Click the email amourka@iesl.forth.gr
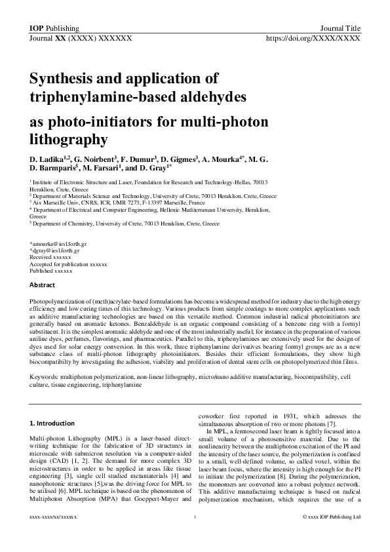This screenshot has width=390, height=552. pos(60,244)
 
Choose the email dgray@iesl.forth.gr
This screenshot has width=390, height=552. pos(56,250)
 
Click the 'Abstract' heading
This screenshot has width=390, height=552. pos(43,285)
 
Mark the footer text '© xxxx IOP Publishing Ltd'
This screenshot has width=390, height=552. pos(331,536)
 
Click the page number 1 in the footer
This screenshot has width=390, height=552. pos(195,536)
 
